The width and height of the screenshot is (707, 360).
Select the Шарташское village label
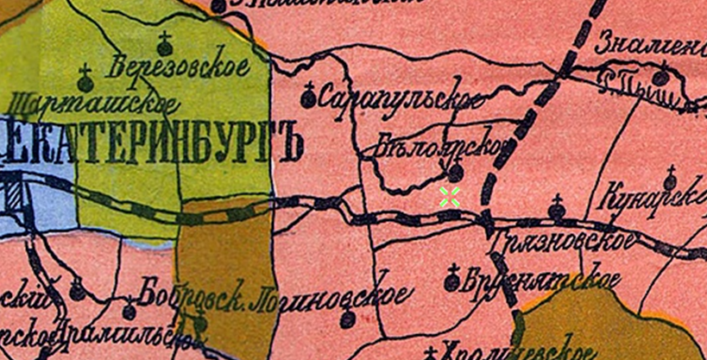click(x=93, y=104)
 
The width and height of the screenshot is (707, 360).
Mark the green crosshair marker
click(x=449, y=196)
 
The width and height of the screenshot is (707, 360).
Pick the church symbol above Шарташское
click(x=85, y=79)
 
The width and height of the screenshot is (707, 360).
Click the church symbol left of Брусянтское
click(x=451, y=279)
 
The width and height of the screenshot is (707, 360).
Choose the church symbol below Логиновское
click(x=346, y=319)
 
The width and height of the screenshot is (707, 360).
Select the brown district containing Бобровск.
click(x=224, y=259)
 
